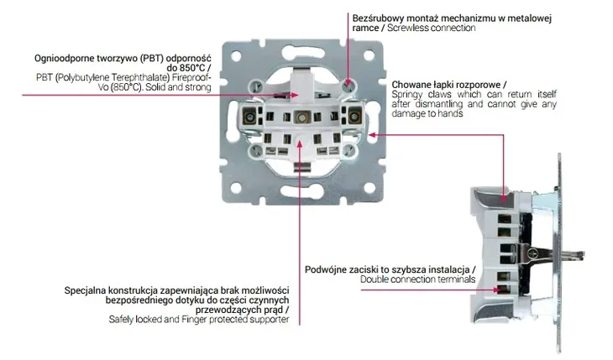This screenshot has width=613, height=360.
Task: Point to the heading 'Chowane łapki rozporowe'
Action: [x=448, y=85]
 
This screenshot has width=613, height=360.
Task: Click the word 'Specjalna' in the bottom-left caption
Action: [x=87, y=290]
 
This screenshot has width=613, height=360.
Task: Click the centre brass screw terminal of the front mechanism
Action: [x=300, y=116]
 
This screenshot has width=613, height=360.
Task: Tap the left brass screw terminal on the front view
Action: [x=249, y=115]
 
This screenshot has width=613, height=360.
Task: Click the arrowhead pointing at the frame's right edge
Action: [x=372, y=133]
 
